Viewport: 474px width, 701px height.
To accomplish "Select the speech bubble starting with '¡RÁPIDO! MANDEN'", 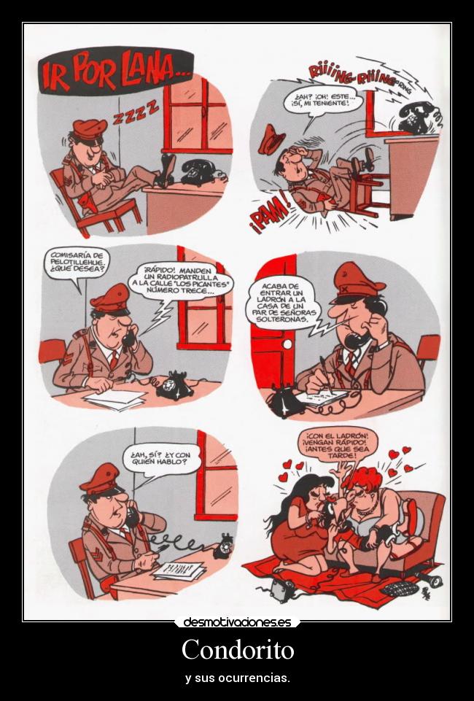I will click(179, 280).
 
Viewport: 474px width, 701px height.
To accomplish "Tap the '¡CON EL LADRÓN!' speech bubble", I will click(338, 444).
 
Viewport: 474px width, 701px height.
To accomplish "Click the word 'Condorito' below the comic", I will click(237, 649).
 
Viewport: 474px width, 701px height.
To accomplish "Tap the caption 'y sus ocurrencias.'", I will click(237, 678).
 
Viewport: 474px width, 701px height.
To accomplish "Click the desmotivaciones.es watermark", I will click(237, 622).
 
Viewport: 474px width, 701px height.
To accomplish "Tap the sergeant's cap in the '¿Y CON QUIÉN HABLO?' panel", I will click(99, 479).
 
